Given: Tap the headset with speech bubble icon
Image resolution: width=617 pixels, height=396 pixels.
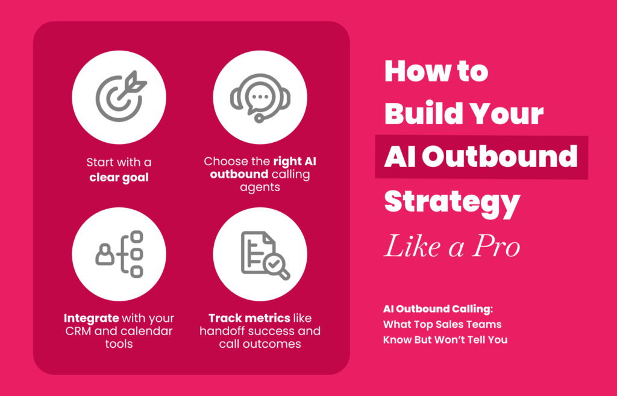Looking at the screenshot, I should (260, 98).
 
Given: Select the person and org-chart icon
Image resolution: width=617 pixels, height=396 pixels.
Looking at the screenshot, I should (119, 254).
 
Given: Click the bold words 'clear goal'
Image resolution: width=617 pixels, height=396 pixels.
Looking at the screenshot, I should (119, 177).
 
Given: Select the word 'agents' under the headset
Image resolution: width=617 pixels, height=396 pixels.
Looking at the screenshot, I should (260, 187).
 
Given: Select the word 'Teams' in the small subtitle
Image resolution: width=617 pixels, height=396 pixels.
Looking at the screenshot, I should (486, 324).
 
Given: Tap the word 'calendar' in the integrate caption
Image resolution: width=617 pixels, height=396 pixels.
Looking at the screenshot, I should (145, 331).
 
